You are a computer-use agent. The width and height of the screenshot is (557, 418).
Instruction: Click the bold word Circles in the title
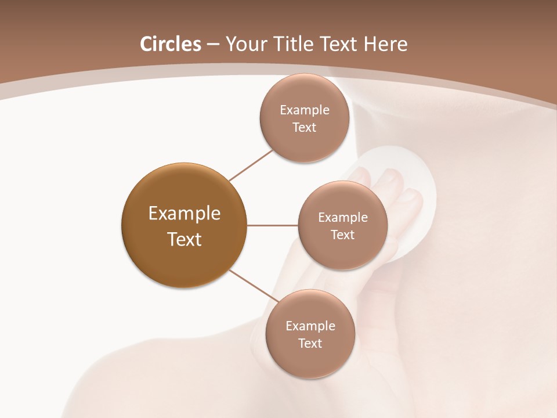pos(171,44)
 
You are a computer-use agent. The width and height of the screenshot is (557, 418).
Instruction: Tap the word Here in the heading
pos(385,44)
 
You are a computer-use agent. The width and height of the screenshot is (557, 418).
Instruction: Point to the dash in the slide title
pos(213,45)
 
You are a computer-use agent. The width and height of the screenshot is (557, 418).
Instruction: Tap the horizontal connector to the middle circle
pos(272,225)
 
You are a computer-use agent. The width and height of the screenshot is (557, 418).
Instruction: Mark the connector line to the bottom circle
pos(253,286)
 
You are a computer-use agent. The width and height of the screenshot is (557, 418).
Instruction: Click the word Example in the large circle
pos(185,214)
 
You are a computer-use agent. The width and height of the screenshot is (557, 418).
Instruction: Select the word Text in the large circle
pos(185,239)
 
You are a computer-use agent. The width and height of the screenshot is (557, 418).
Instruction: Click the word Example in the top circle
pos(305,110)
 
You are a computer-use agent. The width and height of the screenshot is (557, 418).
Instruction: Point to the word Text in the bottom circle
pos(310,343)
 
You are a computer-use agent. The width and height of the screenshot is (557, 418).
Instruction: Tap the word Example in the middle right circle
pos(343,218)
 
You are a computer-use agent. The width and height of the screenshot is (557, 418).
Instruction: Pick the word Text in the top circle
pos(304,127)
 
